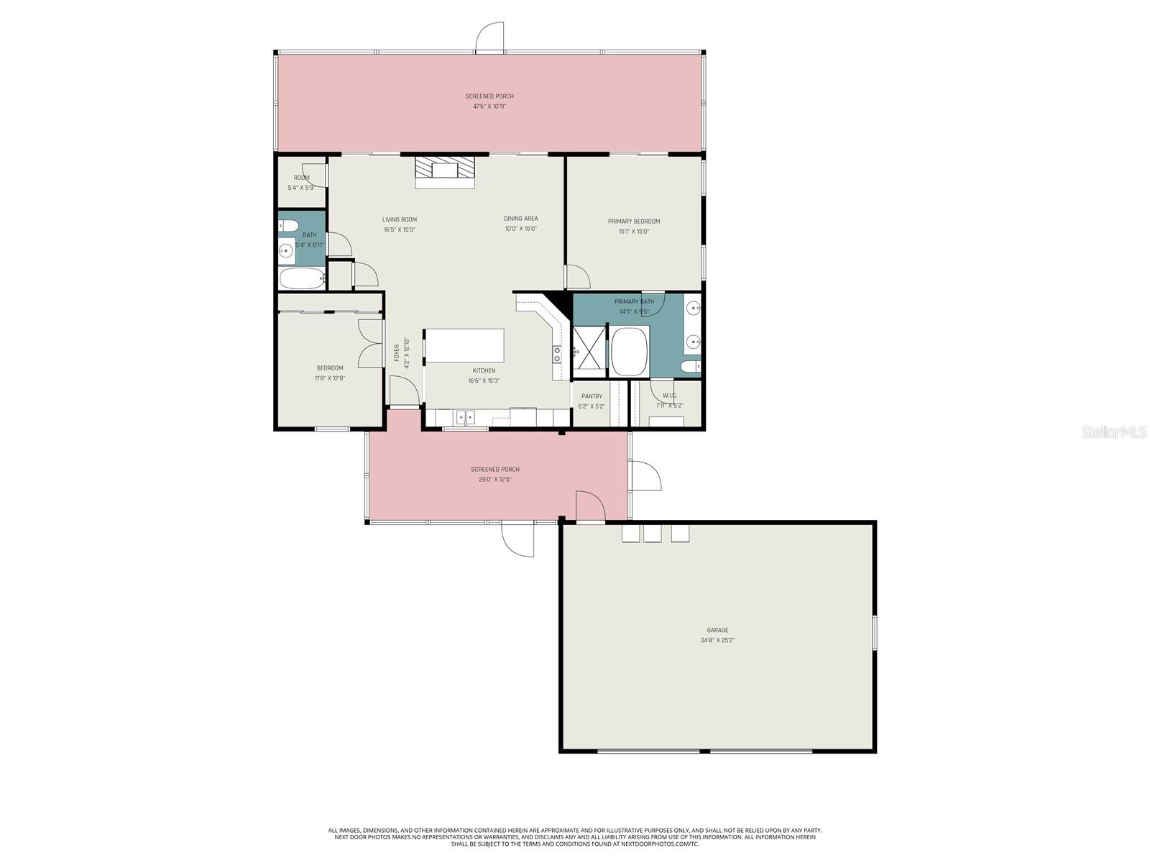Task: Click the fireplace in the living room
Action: tap(445, 170)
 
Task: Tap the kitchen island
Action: tap(464, 346)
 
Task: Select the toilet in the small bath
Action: tap(288, 225)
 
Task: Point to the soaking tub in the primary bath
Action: tap(630, 351)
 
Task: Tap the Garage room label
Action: tap(717, 630)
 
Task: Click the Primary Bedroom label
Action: tap(633, 222)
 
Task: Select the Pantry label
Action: tap(592, 396)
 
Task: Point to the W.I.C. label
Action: tap(669, 396)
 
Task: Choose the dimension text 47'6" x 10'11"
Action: tap(489, 106)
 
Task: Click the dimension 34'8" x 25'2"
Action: tap(717, 640)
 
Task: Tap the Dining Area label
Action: tap(520, 219)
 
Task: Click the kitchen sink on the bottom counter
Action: tap(465, 417)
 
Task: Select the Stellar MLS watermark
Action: tap(1118, 431)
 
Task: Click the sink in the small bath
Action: tap(287, 251)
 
